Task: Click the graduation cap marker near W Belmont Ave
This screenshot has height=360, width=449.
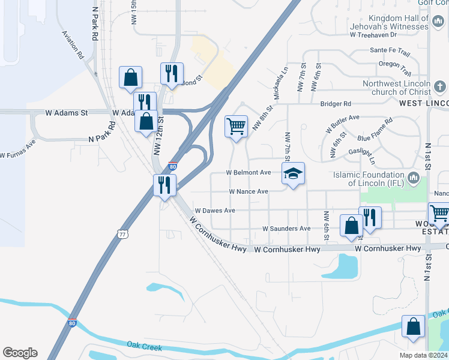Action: (x=293, y=174)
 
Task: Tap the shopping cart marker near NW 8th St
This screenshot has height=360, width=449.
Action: (x=236, y=127)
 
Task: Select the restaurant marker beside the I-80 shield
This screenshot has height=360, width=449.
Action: (x=164, y=184)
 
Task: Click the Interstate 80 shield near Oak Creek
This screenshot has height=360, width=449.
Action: (x=72, y=323)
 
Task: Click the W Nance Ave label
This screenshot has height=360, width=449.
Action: (x=248, y=191)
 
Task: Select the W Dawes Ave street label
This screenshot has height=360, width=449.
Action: (x=215, y=211)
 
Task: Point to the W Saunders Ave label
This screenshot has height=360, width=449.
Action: (x=286, y=229)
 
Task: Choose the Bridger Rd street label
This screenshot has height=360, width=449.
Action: (x=335, y=104)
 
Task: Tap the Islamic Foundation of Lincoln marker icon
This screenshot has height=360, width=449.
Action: (x=413, y=178)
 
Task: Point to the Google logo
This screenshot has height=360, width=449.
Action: (x=20, y=353)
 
